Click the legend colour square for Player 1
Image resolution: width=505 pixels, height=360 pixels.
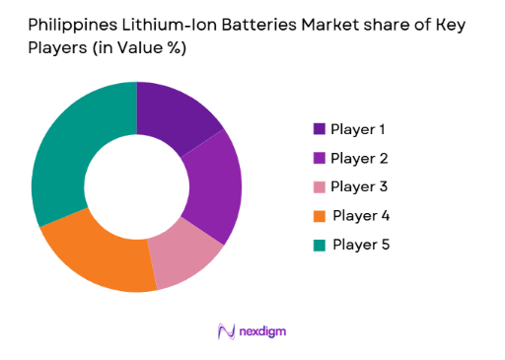pos(319,129)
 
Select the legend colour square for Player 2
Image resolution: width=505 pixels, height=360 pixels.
pos(319,158)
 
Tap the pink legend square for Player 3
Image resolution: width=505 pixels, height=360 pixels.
pos(319,186)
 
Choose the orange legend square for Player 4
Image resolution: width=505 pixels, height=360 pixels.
pos(319,215)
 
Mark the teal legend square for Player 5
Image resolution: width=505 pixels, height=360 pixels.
pos(319,244)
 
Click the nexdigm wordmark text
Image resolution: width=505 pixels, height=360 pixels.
pos(262,331)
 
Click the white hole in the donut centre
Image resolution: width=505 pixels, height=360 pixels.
pos(136,186)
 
